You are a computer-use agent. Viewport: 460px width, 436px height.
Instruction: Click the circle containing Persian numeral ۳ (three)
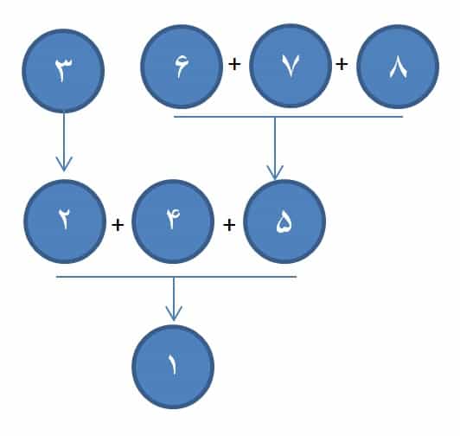point(63,71)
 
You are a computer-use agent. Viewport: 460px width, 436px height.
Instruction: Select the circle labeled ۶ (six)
point(182,67)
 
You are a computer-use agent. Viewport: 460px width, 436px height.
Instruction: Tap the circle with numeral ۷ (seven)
point(291,66)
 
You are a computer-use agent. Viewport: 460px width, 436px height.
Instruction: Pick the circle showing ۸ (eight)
point(398,67)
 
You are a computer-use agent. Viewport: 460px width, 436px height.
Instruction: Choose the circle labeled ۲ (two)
point(65,221)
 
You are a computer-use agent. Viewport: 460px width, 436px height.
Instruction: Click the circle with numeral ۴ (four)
point(173,221)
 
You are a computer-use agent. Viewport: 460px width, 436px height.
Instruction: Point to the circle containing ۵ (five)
point(284,221)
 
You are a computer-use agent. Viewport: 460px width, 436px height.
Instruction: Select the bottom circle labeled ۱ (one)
point(173,367)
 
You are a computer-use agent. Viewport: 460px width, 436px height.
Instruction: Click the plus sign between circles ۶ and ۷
point(234,64)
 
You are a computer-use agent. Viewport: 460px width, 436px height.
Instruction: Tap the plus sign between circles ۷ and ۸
point(342,64)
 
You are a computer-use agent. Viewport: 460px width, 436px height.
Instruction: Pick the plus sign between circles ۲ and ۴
point(118,225)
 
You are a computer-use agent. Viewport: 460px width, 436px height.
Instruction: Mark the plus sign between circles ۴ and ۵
point(229,225)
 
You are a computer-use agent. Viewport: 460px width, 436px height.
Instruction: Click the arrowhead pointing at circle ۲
point(64,164)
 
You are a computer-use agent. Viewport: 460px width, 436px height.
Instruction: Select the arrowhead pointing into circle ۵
point(275,173)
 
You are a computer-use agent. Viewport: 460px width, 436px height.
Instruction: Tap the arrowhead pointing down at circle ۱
point(174,313)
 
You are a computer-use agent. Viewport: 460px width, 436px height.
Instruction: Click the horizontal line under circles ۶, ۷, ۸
point(289,117)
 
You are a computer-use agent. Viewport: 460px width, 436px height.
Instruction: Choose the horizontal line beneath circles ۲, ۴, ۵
point(176,277)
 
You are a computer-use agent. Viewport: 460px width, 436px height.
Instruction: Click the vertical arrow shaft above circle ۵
point(275,148)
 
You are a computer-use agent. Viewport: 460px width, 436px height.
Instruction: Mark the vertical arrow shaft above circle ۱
point(174,298)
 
